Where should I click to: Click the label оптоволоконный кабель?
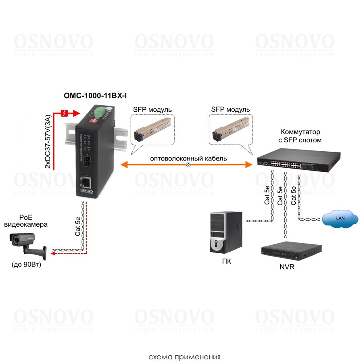188,159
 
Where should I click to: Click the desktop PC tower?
225,233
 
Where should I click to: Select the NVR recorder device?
292,252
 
